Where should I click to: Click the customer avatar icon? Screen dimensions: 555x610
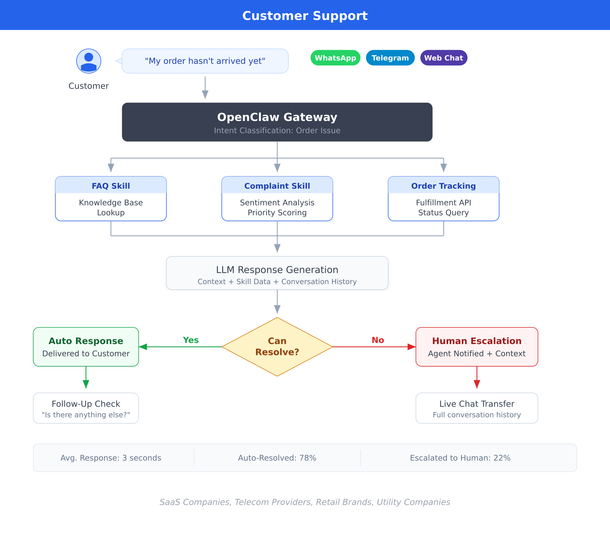pos(89,61)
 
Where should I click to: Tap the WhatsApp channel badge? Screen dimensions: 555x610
pos(335,58)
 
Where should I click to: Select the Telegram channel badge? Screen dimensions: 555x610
pos(390,58)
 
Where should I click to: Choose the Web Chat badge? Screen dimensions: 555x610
pos(444,58)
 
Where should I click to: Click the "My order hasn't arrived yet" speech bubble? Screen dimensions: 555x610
pos(205,61)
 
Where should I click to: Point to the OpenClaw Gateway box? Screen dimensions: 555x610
pos(277,122)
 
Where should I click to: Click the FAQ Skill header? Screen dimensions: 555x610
pos(111,186)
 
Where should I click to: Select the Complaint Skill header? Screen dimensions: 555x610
pos(277,186)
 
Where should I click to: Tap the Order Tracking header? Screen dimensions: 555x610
pos(443,186)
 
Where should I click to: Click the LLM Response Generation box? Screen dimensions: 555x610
pos(277,273)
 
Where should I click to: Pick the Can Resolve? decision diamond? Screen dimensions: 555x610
pos(277,347)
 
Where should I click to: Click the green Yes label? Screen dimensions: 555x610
pos(191,340)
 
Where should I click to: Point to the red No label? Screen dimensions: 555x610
pos(378,340)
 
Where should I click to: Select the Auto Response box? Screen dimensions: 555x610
pos(86,347)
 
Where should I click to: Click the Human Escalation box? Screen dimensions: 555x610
pos(477,347)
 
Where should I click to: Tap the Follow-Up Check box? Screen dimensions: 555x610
pos(86,408)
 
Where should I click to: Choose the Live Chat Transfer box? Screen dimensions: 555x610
pos(477,408)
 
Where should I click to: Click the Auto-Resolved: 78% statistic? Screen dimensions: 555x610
pos(277,458)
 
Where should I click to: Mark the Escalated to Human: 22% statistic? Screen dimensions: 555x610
pos(460,458)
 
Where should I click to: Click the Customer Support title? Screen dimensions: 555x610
pos(305,16)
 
